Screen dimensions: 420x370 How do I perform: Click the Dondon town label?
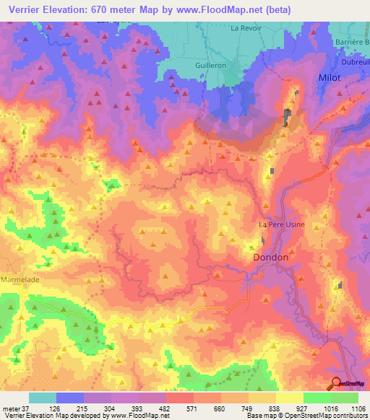(271, 257)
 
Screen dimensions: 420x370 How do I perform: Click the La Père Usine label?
(282, 224)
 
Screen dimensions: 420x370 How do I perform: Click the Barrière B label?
(349, 42)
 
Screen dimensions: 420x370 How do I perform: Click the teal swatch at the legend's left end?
(43, 398)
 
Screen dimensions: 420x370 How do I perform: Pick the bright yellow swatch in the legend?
(289, 398)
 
